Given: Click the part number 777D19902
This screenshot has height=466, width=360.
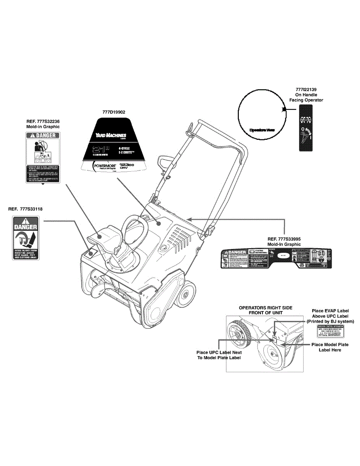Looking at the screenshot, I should pos(114,112).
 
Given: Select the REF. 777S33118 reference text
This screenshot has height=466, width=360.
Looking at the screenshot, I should pos(25,209).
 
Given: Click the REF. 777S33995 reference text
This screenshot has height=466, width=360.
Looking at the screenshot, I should pos(284,239).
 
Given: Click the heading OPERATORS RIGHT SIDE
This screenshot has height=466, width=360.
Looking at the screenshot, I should pos(265,308).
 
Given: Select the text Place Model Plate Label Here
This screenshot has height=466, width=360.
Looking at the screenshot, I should pos(330,347).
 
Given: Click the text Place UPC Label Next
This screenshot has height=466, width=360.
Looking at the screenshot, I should pos(219,353).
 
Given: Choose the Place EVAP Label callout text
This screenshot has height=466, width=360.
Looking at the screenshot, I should pos(330,311).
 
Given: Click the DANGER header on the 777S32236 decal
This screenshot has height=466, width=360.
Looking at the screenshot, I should pos(43,136).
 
